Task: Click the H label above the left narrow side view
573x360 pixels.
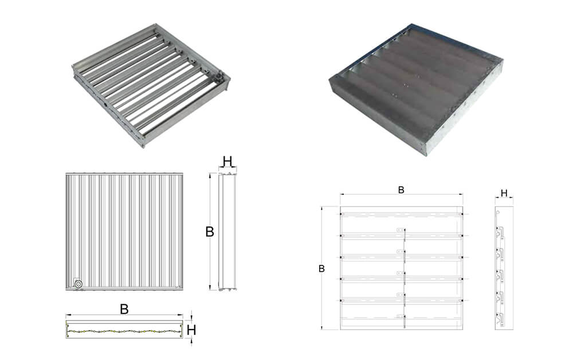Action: (227, 161)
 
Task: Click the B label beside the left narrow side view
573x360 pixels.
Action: (209, 232)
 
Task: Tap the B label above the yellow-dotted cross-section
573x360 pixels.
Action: (124, 309)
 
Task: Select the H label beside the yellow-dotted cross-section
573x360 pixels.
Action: (191, 330)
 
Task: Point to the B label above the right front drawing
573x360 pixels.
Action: (401, 190)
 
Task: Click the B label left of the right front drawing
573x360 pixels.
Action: (321, 269)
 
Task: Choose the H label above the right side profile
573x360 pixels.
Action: (504, 193)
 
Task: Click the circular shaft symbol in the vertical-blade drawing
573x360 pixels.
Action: (78, 284)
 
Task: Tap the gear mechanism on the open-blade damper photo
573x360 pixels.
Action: (218, 76)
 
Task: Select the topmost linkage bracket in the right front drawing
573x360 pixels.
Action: (401, 230)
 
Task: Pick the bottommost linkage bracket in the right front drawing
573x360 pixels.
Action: (401, 316)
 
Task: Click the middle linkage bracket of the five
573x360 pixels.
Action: (401, 273)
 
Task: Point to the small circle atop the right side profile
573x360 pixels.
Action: (498, 212)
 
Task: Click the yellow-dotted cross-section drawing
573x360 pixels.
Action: (124, 330)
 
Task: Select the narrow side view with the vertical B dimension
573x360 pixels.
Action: (227, 232)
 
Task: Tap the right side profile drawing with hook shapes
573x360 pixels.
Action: (504, 268)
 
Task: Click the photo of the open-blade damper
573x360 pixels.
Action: (151, 85)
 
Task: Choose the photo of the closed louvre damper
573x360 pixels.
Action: (416, 89)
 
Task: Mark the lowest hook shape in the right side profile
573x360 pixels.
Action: (500, 319)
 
